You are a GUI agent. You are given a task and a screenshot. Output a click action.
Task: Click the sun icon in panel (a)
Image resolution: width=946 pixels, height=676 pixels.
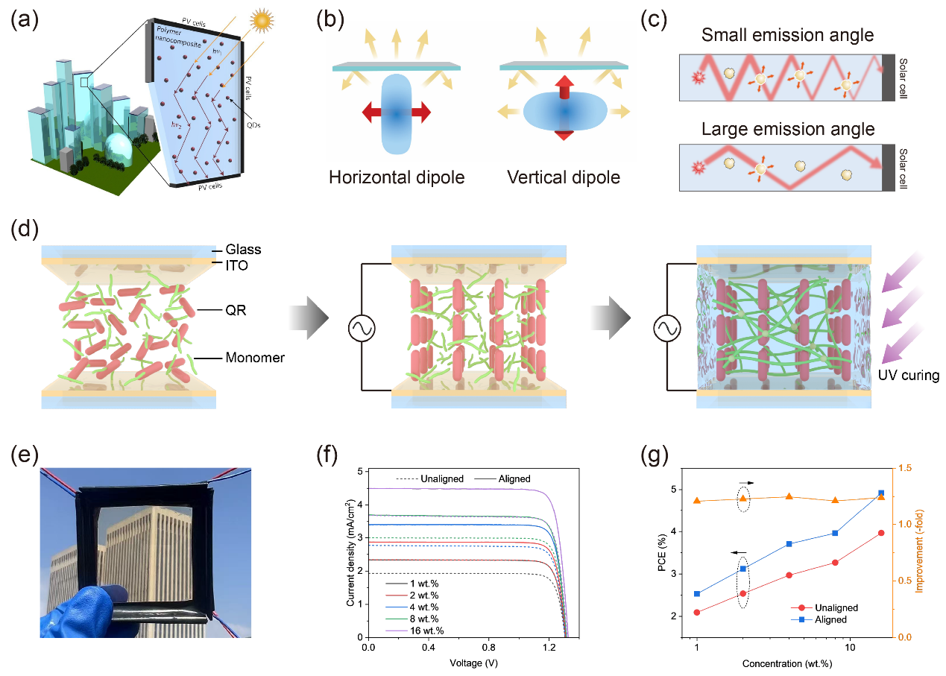click(262, 20)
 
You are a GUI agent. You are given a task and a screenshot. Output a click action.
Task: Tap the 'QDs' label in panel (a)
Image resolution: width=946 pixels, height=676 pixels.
click(253, 125)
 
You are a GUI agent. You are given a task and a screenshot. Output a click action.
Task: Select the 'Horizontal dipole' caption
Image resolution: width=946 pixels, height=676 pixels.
click(397, 177)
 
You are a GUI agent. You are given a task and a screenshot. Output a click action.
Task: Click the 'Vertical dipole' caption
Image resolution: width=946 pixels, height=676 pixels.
click(564, 177)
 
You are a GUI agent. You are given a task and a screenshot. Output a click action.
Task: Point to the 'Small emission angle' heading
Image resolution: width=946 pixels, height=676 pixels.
click(787, 34)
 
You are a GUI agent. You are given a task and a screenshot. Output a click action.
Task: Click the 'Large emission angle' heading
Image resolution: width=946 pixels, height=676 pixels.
click(788, 129)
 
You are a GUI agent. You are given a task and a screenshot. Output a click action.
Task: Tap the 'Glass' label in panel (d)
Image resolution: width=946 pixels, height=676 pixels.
click(243, 250)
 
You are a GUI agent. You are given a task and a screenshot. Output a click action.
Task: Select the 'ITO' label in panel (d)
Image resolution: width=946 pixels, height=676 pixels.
click(236, 265)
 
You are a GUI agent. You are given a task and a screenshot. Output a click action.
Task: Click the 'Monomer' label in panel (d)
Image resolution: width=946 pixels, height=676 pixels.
click(255, 358)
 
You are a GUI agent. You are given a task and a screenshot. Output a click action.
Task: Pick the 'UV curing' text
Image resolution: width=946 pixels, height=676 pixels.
click(909, 375)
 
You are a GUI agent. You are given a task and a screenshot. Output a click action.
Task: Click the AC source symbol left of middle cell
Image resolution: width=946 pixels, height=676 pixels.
click(362, 328)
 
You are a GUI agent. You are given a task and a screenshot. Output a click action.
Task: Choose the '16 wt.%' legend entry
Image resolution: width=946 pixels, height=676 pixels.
click(426, 631)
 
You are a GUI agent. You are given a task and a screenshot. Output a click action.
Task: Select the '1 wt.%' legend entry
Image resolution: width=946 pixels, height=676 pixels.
click(424, 584)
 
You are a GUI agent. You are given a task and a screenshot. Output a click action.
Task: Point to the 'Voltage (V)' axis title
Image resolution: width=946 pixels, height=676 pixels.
click(473, 663)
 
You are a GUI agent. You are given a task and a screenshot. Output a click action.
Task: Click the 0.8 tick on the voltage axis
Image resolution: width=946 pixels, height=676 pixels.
click(488, 647)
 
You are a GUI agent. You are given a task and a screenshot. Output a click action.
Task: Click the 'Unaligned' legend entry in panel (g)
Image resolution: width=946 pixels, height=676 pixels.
click(836, 607)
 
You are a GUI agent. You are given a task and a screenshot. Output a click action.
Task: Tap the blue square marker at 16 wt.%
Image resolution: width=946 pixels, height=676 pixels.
click(881, 493)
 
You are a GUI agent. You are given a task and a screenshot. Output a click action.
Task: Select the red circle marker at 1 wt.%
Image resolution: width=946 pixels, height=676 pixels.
click(697, 612)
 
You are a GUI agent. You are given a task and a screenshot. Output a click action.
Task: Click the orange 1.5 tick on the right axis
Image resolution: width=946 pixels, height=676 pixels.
click(905, 468)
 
